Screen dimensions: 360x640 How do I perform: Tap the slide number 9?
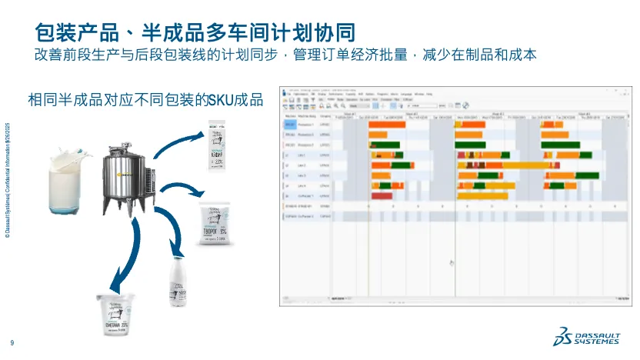[12, 343]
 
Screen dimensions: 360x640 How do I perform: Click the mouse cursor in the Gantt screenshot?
[451, 263]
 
